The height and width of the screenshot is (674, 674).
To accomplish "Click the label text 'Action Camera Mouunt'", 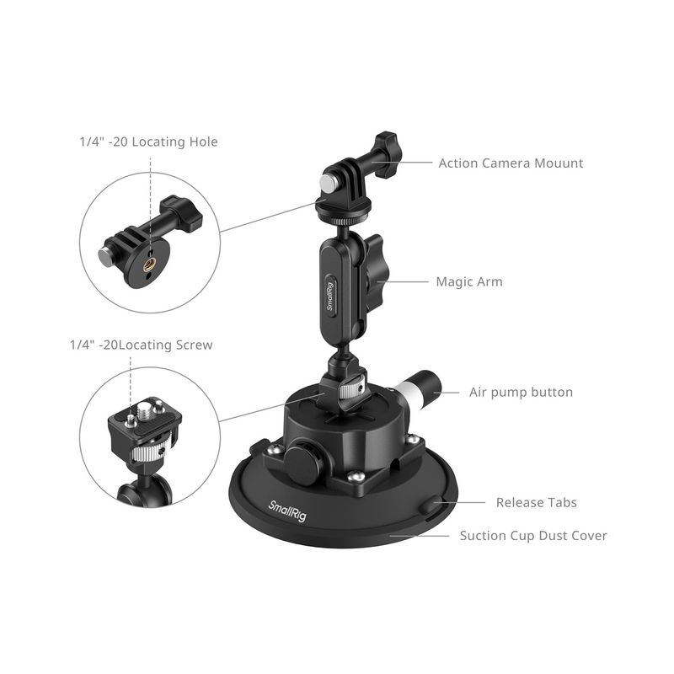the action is pos(511,163).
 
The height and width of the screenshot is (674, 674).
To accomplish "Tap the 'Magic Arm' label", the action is pos(469,282).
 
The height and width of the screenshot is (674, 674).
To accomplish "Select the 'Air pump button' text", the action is pos(521,393).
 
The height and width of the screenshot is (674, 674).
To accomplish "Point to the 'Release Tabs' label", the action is pos(537,502).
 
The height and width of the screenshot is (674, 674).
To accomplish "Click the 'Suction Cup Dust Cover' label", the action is pos(533,536).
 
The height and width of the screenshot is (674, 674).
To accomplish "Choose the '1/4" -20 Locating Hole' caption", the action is pos(149,142).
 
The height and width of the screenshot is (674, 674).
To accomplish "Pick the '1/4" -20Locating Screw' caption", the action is pos(142,345).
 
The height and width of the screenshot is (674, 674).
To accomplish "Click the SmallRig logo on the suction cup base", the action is pos(287,511).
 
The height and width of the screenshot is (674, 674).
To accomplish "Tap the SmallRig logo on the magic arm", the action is pos(330,297).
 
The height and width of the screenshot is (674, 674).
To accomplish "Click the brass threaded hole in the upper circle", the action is pos(149,266).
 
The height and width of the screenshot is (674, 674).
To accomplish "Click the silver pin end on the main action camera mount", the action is pos(329,182).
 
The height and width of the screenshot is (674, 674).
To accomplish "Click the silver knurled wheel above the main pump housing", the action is pos(350,391).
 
